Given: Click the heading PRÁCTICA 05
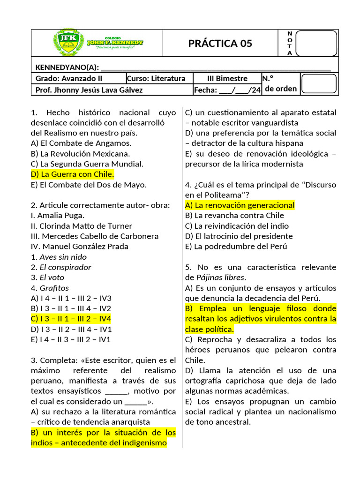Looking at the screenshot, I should [220, 44].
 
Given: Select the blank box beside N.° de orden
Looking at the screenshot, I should [318, 83].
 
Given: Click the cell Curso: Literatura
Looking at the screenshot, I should [156, 78].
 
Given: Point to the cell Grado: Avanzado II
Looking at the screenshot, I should [69, 78].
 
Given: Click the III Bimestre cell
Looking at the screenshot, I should [227, 78].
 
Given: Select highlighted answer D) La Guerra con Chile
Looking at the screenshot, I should [72, 174].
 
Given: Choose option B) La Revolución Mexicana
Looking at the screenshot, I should [80, 153].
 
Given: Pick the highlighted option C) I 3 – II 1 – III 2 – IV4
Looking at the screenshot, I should [71, 318].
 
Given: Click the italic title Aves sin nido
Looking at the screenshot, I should [63, 256].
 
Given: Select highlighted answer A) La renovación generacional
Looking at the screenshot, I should [240, 205].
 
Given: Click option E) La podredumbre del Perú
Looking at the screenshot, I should [236, 246].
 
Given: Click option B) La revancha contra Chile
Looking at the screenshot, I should [234, 215].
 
